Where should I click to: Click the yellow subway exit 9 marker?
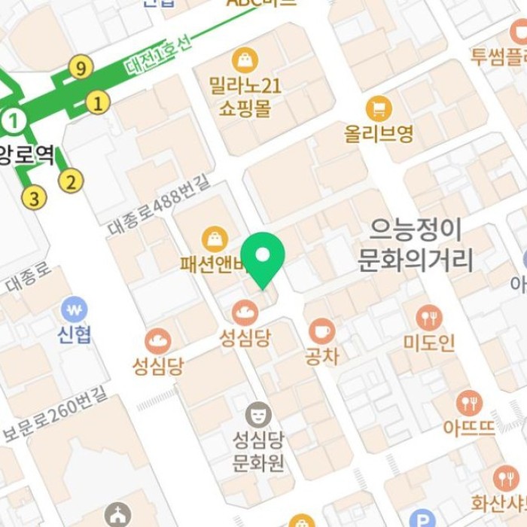[81, 69]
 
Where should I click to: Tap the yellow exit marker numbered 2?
[71, 181]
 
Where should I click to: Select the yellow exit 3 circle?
[33, 198]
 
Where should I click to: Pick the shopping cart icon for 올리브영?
[379, 109]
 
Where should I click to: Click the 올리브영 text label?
[379, 134]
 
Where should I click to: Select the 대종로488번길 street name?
[159, 203]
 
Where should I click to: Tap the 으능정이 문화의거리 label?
[415, 245]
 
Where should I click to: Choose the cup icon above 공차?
[321, 331]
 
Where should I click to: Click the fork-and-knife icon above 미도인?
[428, 318]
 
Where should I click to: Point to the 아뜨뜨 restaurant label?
[469, 428]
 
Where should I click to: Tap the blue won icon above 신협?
[74, 309]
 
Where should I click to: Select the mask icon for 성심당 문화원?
[258, 414]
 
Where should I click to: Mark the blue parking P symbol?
[423, 519]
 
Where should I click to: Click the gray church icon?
[117, 516]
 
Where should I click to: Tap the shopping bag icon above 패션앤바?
[215, 239]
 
